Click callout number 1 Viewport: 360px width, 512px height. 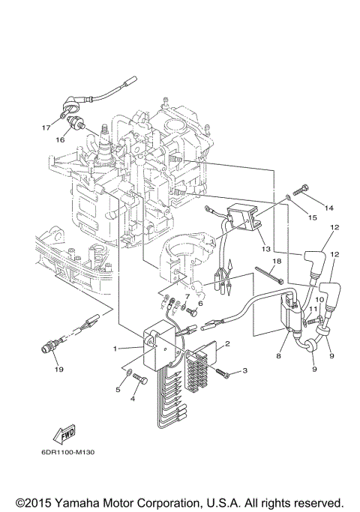click(x=115, y=349)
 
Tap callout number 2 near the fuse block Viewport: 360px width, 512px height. click(x=227, y=344)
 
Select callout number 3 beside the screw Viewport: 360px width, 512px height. click(x=244, y=371)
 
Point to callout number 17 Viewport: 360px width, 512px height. click(x=44, y=127)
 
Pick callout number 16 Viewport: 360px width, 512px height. click(x=59, y=139)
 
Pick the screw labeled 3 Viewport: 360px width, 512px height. click(x=223, y=371)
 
